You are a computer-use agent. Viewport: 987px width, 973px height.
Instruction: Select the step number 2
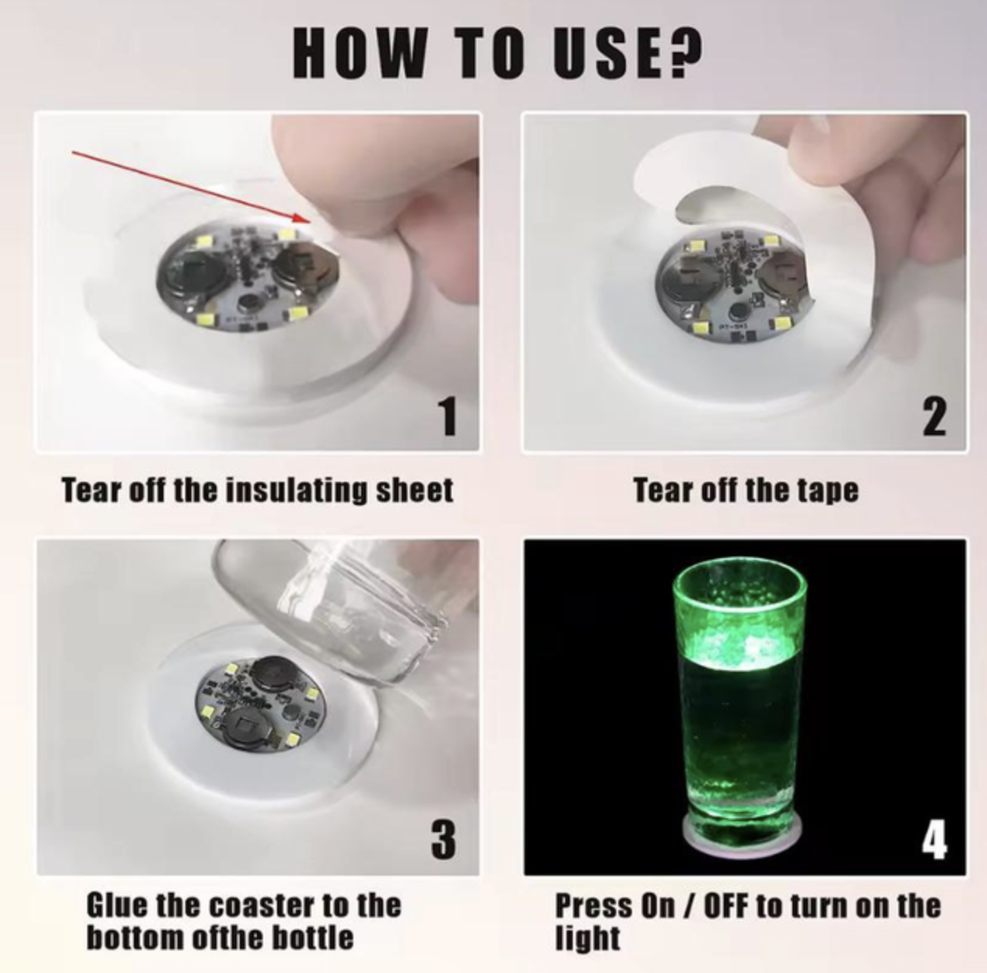click(x=934, y=416)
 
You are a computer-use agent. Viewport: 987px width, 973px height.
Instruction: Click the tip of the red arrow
click(x=311, y=222)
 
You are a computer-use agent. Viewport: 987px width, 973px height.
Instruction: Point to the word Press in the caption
click(x=594, y=905)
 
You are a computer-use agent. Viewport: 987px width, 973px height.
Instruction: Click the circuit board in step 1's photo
click(x=248, y=274)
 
